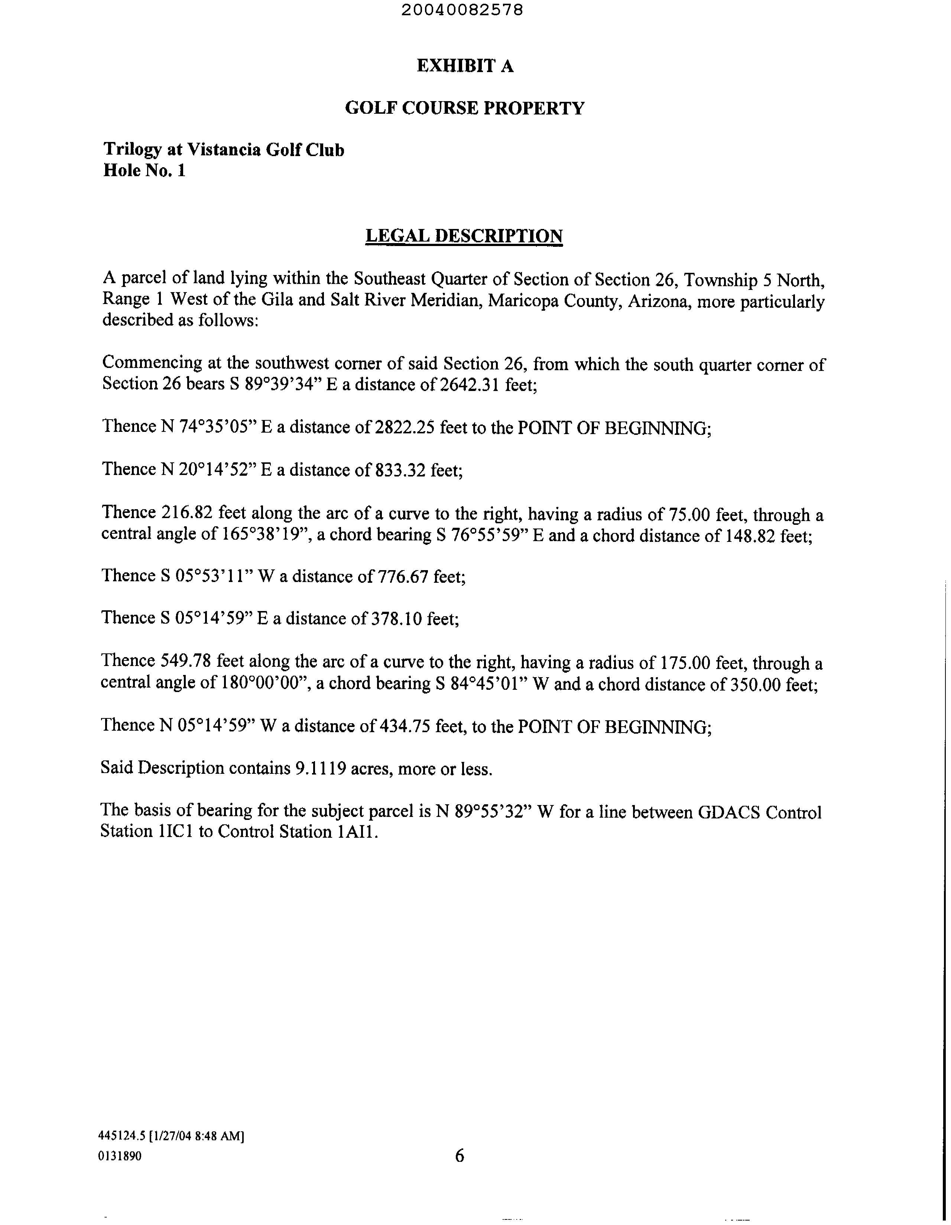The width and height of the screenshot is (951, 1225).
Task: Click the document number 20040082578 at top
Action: [x=462, y=10]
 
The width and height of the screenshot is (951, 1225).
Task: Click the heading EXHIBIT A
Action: [x=465, y=66]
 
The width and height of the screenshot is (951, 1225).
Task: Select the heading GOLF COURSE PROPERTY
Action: [x=464, y=108]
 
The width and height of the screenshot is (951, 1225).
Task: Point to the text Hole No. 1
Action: [x=144, y=171]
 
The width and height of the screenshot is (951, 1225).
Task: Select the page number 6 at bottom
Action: [x=459, y=1156]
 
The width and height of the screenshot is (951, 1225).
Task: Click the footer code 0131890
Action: [x=120, y=1156]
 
